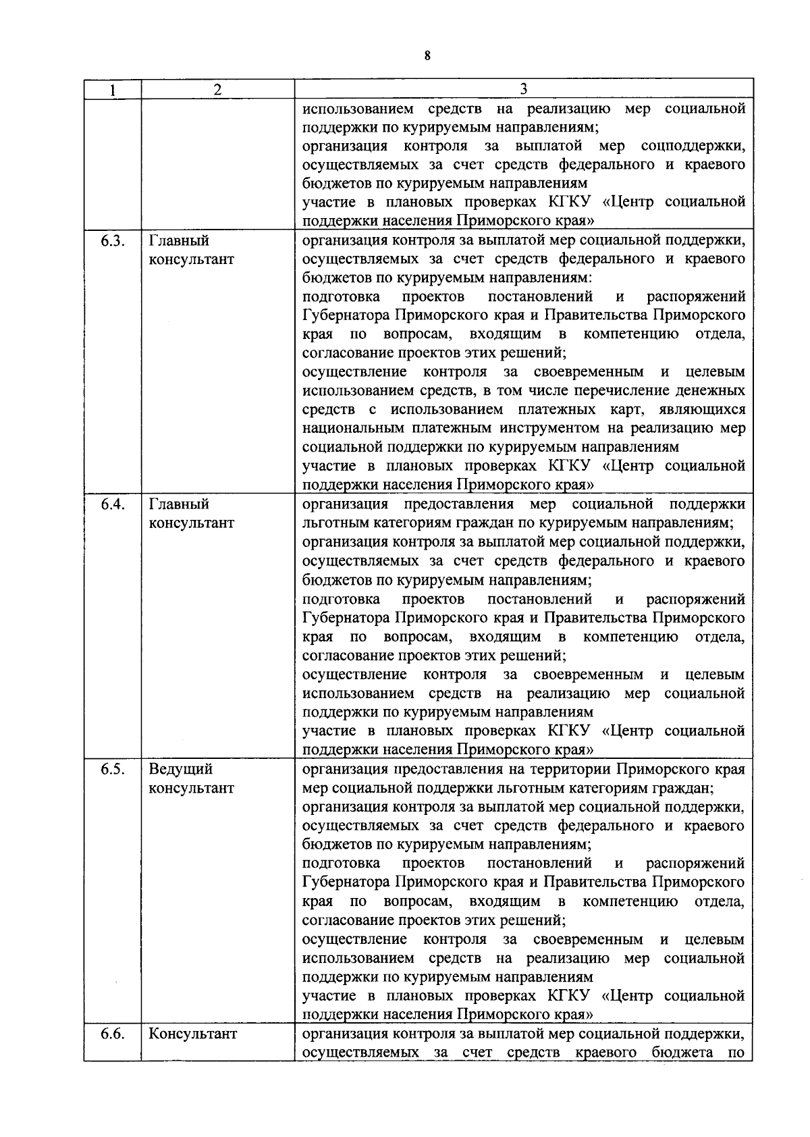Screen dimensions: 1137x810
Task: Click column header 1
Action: [112, 89]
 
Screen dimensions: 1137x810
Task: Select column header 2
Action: [217, 89]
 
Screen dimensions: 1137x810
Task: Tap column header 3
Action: [523, 89]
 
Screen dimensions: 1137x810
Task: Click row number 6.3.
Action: [112, 241]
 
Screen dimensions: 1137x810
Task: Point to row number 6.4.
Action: [112, 504]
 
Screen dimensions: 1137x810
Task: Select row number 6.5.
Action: [112, 769]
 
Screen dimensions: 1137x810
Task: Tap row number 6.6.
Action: [112, 1034]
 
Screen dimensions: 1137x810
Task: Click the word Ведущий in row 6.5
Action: [180, 769]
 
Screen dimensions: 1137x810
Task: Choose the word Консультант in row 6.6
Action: [192, 1034]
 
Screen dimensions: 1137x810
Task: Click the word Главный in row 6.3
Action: [179, 241]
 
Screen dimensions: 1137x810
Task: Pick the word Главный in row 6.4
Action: [179, 504]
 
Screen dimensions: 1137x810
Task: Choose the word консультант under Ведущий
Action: [191, 788]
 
